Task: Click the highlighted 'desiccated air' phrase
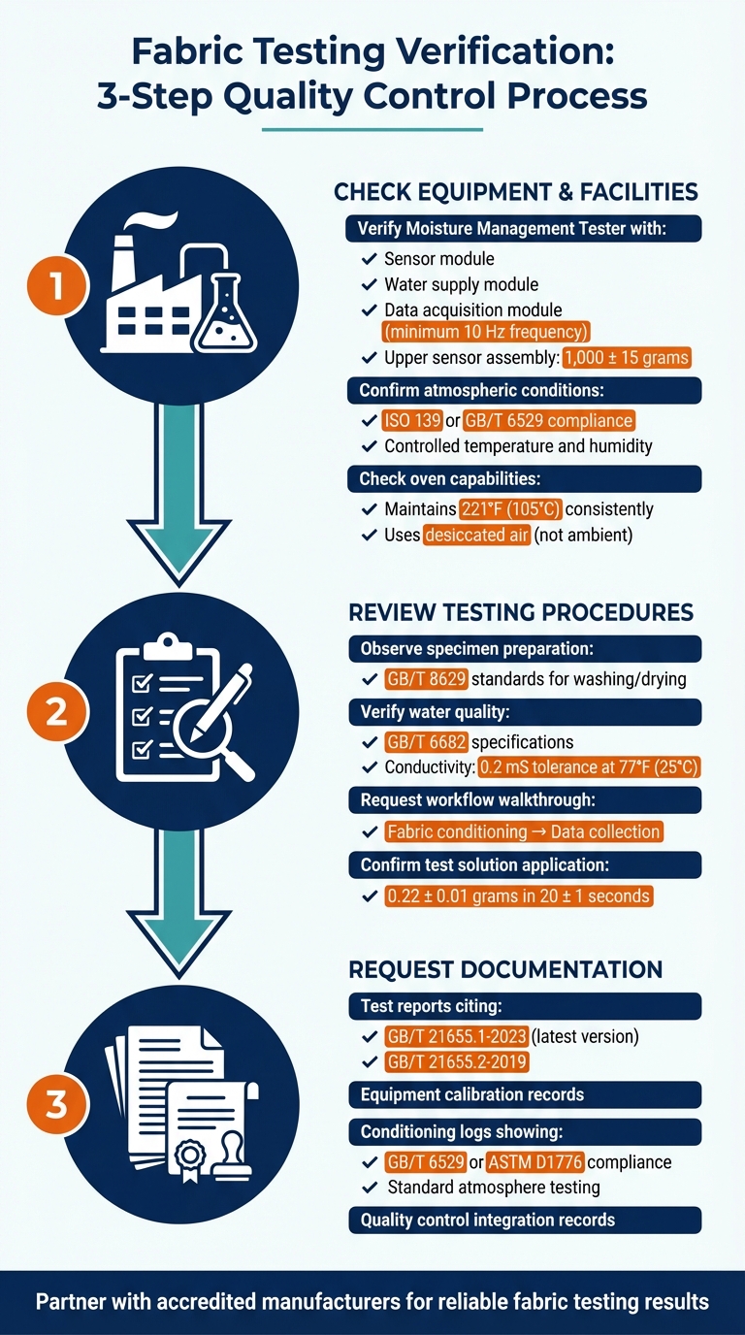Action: (477, 536)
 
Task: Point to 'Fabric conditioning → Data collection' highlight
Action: (523, 831)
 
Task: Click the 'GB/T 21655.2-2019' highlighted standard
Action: (456, 1061)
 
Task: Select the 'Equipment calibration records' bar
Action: (524, 1094)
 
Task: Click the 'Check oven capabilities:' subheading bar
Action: (524, 479)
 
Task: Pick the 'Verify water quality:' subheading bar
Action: (524, 712)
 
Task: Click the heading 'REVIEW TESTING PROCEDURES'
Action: (520, 612)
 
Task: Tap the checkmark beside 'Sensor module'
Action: (369, 259)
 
